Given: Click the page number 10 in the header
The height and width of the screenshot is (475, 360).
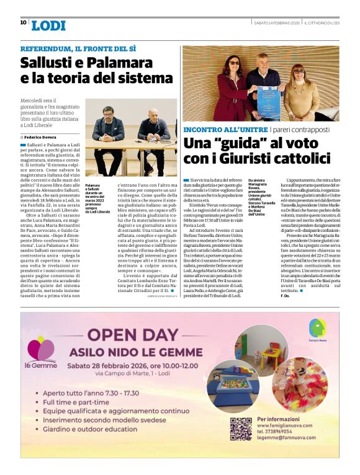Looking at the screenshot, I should (23, 22).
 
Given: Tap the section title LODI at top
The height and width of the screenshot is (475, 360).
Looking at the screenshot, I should (48, 25).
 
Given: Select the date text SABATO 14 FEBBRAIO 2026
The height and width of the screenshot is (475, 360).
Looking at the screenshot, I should (278, 23).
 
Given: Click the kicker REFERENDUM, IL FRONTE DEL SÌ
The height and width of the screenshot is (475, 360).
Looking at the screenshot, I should (78, 49).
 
